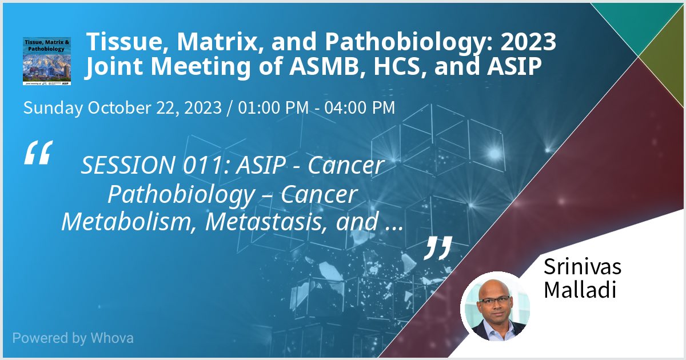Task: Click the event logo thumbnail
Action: (47, 61)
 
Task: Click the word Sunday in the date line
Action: (53, 107)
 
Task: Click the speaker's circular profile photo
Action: (496, 306)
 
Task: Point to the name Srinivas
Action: (582, 266)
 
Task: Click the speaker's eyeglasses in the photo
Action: (493, 300)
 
